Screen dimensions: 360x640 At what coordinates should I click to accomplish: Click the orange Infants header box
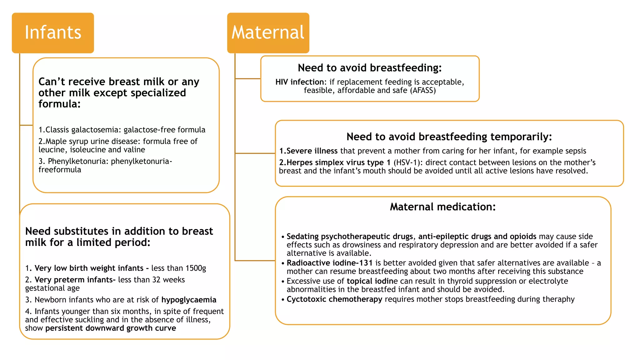[x=53, y=33]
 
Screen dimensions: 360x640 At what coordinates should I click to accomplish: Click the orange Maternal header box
[x=268, y=33]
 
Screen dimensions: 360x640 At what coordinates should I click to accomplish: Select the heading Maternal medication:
[x=442, y=207]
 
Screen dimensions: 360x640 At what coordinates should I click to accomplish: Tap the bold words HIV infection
[x=300, y=82]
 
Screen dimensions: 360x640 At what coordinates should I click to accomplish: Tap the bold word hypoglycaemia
[x=189, y=300]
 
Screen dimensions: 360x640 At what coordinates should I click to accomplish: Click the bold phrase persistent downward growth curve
[x=111, y=328]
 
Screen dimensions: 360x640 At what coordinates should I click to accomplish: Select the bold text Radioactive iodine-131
[x=330, y=263]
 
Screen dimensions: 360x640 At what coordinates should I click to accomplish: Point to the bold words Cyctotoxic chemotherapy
[x=334, y=299]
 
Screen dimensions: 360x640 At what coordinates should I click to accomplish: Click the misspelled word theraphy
[x=558, y=299]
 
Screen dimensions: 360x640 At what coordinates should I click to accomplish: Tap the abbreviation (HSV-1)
[x=406, y=162]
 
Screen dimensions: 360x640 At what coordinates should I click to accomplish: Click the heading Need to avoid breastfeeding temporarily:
[x=449, y=137]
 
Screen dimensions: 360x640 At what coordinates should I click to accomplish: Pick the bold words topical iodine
[x=372, y=281]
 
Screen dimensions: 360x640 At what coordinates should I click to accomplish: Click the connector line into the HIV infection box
[x=248, y=79]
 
